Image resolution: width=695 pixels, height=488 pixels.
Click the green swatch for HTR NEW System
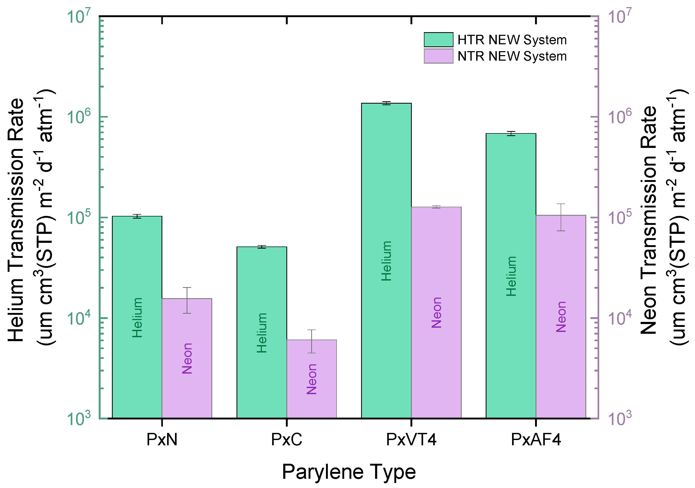(x=438, y=40)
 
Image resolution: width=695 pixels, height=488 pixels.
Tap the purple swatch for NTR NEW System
(x=438, y=56)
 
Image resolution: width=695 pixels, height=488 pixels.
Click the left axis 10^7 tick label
(x=78, y=17)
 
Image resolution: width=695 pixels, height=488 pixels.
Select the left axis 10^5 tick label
(x=78, y=218)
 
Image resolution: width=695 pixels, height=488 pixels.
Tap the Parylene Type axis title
(x=349, y=472)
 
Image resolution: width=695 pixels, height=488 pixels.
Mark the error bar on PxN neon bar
(x=187, y=300)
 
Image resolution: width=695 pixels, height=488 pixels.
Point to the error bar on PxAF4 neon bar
(x=561, y=217)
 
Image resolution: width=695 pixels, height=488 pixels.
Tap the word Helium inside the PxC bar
(x=262, y=333)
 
